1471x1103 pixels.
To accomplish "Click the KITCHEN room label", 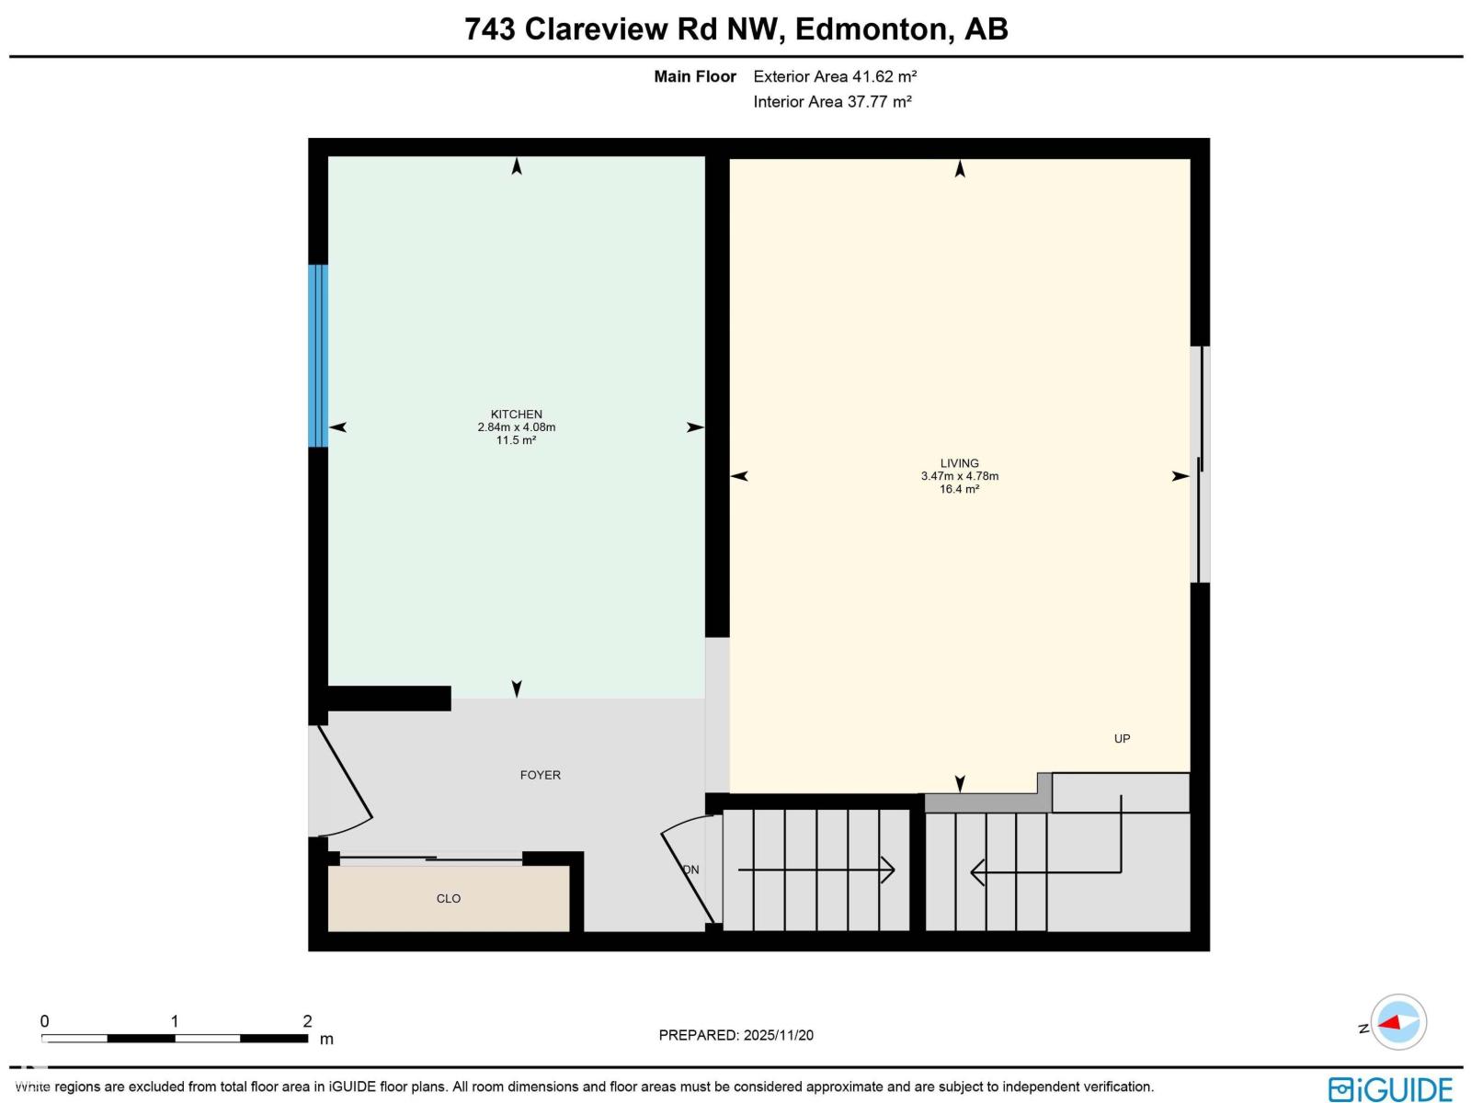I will [x=516, y=415].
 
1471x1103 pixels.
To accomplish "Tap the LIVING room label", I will [x=959, y=463].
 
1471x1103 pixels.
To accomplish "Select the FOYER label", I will [x=540, y=775].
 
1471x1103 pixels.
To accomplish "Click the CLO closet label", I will [x=449, y=898].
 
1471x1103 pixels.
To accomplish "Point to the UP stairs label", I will [x=1122, y=738].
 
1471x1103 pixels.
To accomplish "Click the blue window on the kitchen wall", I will [x=318, y=356].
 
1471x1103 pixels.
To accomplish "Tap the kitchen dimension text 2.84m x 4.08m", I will [x=516, y=427].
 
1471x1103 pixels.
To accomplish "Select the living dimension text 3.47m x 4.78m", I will [x=959, y=476].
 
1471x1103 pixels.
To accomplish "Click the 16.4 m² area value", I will [x=959, y=489].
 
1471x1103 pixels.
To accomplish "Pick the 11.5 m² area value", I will [x=516, y=440].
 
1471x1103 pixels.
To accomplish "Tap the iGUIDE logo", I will [x=1390, y=1088].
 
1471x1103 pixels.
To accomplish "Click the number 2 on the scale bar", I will [x=307, y=1020].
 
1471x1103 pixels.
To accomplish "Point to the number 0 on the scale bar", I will [x=44, y=1020].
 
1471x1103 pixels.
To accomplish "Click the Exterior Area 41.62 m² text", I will [x=835, y=76].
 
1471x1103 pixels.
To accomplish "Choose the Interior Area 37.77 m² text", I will [x=832, y=101].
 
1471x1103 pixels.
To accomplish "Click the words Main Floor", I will [x=694, y=76].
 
